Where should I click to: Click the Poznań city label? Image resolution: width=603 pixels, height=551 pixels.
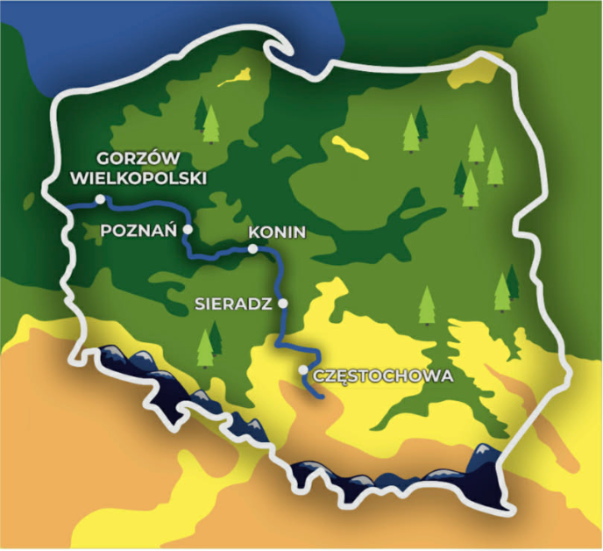tap(140, 230)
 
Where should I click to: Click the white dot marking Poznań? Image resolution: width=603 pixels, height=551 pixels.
tap(187, 230)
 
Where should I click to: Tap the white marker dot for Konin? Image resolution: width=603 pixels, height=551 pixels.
tap(252, 249)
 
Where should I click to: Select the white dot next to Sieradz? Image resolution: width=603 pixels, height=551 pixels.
tap(282, 304)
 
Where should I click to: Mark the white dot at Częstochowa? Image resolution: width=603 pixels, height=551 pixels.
tap(303, 370)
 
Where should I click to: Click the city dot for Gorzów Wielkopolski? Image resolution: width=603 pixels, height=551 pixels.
tap(100, 199)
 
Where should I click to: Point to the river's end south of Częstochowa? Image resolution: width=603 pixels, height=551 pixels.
tap(323, 397)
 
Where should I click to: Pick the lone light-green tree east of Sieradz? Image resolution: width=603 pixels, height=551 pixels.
tap(426, 304)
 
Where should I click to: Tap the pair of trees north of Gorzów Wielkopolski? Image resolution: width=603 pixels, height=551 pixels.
tap(207, 121)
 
